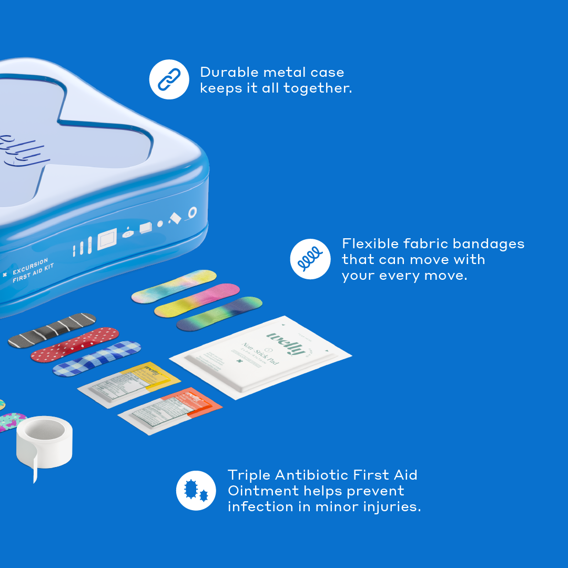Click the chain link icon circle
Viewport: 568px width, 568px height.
tap(169, 79)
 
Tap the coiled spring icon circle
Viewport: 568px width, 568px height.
tap(310, 259)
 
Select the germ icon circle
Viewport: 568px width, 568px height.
tap(196, 491)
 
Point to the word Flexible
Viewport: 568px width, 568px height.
tap(370, 244)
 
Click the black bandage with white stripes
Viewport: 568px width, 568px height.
tap(52, 330)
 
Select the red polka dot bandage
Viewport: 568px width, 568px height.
tap(75, 344)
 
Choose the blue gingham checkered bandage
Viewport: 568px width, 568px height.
tap(97, 359)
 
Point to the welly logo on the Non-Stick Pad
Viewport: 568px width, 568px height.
tap(287, 342)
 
